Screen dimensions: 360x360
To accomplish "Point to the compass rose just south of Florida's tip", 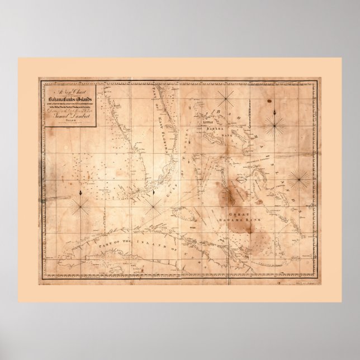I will click(152, 206).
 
